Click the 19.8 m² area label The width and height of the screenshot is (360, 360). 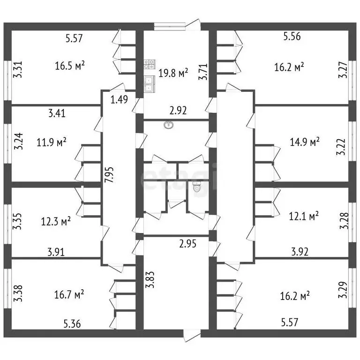pyautogui.click(x=173, y=73)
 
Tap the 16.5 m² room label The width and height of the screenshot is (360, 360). pyautogui.click(x=70, y=66)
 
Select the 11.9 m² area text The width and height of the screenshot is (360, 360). pyautogui.click(x=52, y=142)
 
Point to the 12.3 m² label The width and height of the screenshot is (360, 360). pyautogui.click(x=56, y=222)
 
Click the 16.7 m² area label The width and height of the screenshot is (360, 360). pyautogui.click(x=69, y=294)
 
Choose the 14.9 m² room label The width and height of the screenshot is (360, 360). pyautogui.click(x=305, y=142)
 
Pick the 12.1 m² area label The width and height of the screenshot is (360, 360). pyautogui.click(x=304, y=216)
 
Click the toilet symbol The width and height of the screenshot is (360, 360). pyautogui.click(x=196, y=187)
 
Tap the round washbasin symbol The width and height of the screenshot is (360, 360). pyautogui.click(x=169, y=125)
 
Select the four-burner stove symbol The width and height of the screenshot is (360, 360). pyautogui.click(x=150, y=64)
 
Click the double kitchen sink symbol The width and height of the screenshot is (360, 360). pyautogui.click(x=150, y=84)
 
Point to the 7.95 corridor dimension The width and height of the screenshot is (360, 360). pyautogui.click(x=109, y=175)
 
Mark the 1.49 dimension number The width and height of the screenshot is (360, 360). pyautogui.click(x=119, y=100)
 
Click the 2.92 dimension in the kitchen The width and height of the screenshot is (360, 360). pyautogui.click(x=178, y=111)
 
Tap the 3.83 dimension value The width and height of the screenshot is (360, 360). pyautogui.click(x=150, y=280)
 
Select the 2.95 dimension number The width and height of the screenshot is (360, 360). pyautogui.click(x=188, y=244)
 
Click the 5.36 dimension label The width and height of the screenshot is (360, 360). pyautogui.click(x=72, y=324)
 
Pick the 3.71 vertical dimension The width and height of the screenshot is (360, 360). pyautogui.click(x=203, y=72)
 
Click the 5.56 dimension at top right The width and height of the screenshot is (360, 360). pyautogui.click(x=292, y=36)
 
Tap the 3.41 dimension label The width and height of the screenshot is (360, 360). pyautogui.click(x=57, y=113)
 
